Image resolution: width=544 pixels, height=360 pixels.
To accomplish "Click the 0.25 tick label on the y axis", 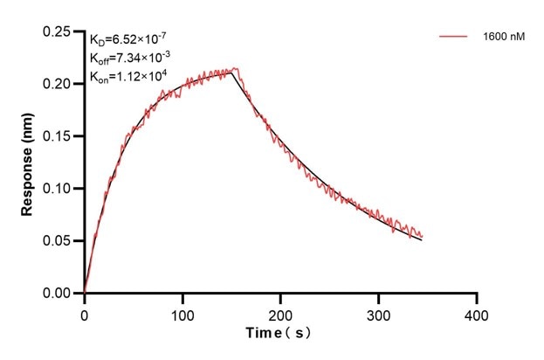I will (x=58, y=32).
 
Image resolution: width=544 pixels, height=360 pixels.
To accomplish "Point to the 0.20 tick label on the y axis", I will (x=58, y=84).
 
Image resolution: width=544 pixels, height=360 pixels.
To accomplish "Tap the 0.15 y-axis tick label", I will (x=58, y=136).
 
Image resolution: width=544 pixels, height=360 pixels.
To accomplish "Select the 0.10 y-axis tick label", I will (x=58, y=189).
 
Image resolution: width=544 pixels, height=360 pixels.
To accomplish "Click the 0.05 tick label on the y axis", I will (x=58, y=241).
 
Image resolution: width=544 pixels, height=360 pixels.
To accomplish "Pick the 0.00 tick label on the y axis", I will (x=58, y=294).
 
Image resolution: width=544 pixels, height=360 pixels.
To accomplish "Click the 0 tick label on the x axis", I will (x=85, y=312).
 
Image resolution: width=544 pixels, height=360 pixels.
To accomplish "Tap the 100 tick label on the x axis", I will (x=182, y=312).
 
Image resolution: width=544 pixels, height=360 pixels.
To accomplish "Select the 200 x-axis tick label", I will (x=280, y=312).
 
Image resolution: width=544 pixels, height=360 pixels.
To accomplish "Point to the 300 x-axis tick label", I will (x=378, y=312).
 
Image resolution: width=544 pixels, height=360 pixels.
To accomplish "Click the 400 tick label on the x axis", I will (x=476, y=312).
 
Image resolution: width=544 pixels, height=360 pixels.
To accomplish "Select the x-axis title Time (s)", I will (x=277, y=334).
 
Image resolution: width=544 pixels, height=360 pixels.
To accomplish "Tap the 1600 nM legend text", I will (x=503, y=38).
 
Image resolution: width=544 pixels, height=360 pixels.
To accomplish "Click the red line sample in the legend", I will (x=454, y=38).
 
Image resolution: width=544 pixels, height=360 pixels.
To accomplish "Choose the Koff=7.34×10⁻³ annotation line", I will (x=132, y=57).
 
